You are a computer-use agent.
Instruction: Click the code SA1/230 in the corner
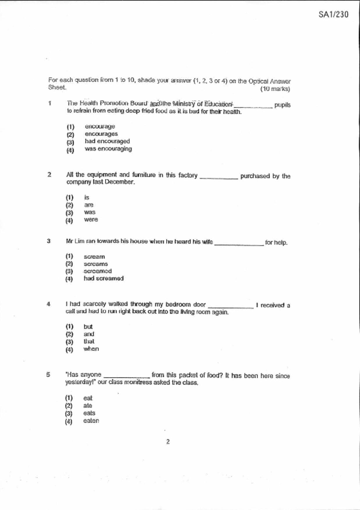(x=333, y=15)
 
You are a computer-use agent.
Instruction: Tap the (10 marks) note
(x=275, y=89)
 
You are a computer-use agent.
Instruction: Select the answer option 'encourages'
(x=101, y=134)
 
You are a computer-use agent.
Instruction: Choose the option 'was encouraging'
(x=108, y=149)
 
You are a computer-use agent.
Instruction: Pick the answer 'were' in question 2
(x=91, y=220)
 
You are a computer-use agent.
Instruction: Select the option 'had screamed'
(x=103, y=279)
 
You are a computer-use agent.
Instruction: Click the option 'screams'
(x=96, y=264)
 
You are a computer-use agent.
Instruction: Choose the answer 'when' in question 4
(x=91, y=349)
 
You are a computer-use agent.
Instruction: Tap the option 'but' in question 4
(x=88, y=327)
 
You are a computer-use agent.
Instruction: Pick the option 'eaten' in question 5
(x=91, y=421)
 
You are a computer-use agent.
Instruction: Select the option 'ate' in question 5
(x=87, y=406)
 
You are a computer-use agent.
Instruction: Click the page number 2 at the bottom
(x=168, y=442)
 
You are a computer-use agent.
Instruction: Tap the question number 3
(x=49, y=241)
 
